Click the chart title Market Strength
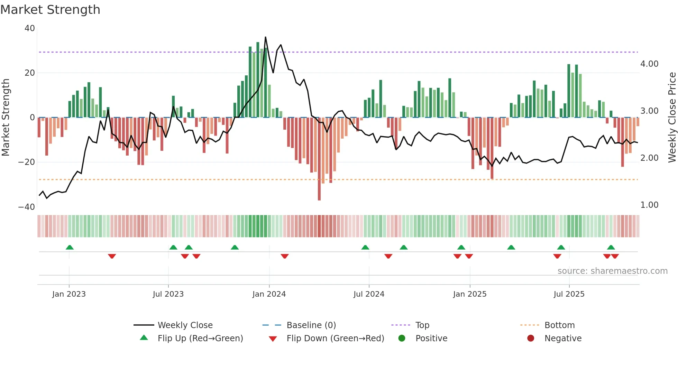(x=50, y=10)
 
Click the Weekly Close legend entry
(x=185, y=325)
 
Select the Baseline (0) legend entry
(x=311, y=325)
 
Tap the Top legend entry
(x=422, y=325)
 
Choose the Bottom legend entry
(x=559, y=325)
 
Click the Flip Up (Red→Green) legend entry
(x=200, y=338)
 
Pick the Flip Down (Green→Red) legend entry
(x=335, y=338)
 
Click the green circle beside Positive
(x=402, y=338)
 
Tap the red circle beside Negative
(x=531, y=338)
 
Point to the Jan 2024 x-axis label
(x=269, y=294)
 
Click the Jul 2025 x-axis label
(x=569, y=294)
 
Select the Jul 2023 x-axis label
(x=168, y=294)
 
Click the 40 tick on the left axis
(x=30, y=28)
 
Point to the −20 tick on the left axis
(x=27, y=162)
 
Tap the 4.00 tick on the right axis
(x=649, y=64)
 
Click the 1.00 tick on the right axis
(x=649, y=205)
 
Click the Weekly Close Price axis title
(x=672, y=117)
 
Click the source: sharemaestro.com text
(x=612, y=271)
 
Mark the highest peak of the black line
(x=266, y=37)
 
